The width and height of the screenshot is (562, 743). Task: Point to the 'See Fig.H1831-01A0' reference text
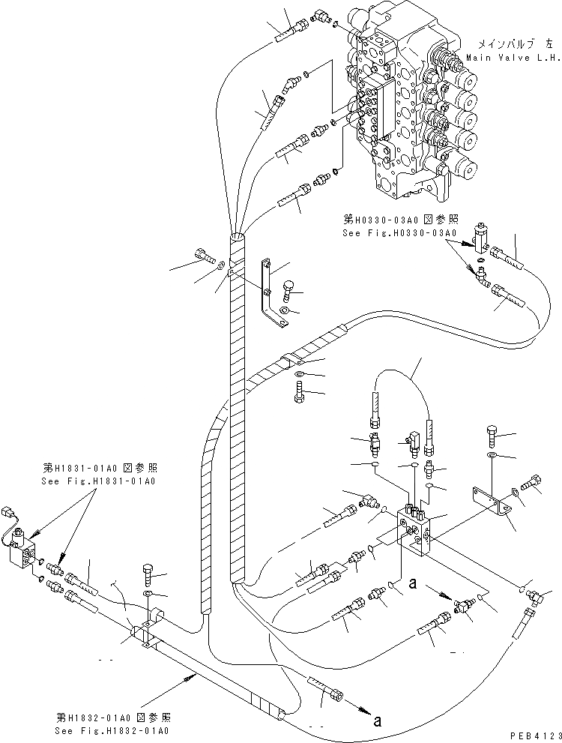coord(101,481)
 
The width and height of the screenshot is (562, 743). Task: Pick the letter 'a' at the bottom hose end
coord(378,721)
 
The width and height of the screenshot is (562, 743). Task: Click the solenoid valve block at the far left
coord(25,556)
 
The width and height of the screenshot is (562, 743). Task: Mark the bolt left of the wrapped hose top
coord(203,256)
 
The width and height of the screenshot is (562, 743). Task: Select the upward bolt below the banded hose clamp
coord(300,390)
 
